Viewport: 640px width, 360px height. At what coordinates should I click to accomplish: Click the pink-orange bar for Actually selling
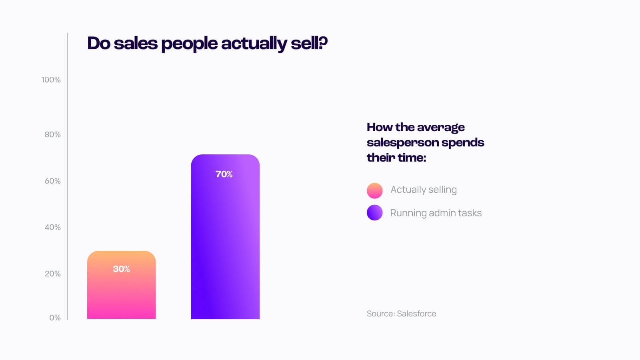(121, 292)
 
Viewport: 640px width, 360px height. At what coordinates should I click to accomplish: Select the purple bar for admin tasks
(225, 240)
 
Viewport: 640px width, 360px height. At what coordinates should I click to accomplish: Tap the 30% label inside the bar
(121, 269)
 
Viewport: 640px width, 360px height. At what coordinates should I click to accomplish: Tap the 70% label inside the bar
(224, 174)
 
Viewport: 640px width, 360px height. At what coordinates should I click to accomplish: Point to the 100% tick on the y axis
(51, 80)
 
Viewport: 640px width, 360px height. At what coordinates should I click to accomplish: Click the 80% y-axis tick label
(52, 134)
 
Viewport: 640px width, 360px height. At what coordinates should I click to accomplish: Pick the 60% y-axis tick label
(52, 181)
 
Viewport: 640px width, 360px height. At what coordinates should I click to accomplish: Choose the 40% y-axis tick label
(52, 227)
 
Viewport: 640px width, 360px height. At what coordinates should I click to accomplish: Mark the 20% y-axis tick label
(52, 274)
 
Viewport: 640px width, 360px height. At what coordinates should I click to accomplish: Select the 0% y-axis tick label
(55, 318)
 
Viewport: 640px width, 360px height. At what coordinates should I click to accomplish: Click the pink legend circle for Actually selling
(375, 190)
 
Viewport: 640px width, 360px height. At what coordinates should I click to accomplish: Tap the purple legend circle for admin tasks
(375, 212)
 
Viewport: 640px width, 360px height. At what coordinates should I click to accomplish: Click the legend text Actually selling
(423, 190)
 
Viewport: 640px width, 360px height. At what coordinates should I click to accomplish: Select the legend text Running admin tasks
(436, 213)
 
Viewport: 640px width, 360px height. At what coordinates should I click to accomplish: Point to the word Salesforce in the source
(416, 314)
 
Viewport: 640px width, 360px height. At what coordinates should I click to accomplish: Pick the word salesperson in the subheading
(402, 142)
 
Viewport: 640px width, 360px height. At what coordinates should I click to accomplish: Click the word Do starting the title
(98, 43)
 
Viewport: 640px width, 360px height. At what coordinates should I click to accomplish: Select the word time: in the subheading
(412, 158)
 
